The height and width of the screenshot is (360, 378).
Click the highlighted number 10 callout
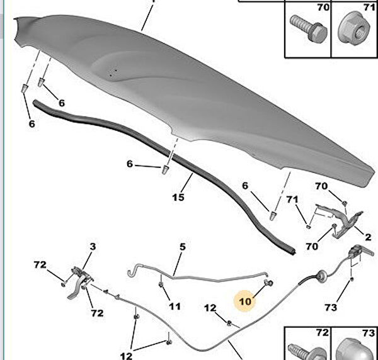coord(245,301)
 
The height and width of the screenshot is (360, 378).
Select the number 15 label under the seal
coord(178,197)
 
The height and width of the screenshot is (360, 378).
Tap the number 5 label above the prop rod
coord(183,247)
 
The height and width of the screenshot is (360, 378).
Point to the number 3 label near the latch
coord(93,246)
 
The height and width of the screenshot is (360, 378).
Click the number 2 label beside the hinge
coord(368,237)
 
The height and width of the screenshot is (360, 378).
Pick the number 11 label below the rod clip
coord(175,307)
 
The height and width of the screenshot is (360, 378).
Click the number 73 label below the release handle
coord(331,307)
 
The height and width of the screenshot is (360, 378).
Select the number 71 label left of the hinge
coord(292,200)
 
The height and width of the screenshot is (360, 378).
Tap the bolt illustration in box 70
coord(308,29)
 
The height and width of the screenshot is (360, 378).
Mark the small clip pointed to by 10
coord(269,283)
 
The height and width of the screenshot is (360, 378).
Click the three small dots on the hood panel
coord(113,73)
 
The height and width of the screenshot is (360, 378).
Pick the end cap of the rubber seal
coord(293,252)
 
